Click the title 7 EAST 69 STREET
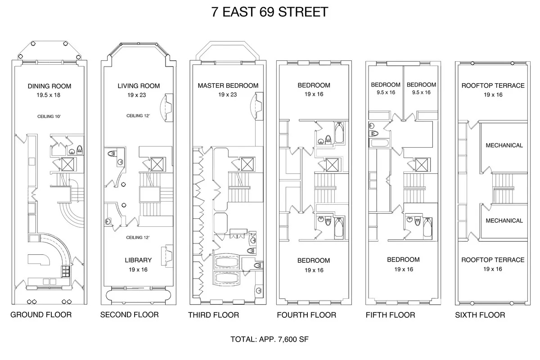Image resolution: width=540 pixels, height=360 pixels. click(270, 12)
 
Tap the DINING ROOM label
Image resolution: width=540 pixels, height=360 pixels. click(49, 86)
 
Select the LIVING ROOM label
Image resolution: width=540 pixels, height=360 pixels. click(139, 86)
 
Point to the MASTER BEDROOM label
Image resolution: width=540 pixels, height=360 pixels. click(228, 85)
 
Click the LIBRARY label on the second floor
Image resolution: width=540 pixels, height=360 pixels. click(139, 260)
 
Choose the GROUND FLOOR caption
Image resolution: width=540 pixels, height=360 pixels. click(41, 315)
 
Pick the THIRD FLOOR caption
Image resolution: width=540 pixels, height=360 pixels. click(213, 315)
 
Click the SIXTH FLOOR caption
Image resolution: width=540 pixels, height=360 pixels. click(480, 315)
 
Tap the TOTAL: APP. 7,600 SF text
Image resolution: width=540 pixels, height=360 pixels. click(270, 339)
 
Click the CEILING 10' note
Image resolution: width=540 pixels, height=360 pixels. click(49, 116)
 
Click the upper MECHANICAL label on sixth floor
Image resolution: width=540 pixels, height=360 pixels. click(504, 145)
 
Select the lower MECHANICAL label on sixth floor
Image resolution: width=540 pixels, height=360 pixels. click(504, 220)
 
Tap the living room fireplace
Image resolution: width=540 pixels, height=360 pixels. click(168, 107)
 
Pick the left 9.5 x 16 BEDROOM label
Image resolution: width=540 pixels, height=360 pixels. click(386, 85)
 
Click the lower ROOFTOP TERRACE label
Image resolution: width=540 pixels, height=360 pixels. click(493, 260)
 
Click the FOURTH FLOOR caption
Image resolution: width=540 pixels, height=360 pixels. click(306, 315)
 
